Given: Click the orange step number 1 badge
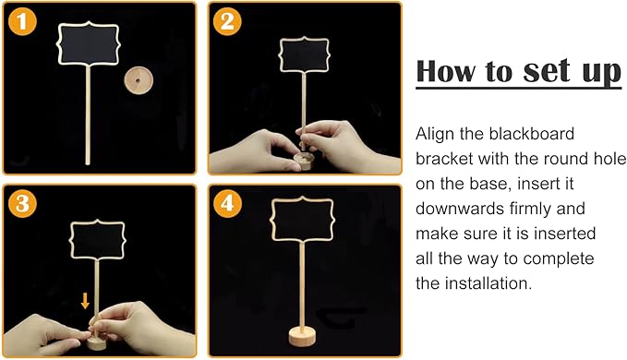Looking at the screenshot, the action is click(22, 21).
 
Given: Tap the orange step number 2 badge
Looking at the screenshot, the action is click(227, 21).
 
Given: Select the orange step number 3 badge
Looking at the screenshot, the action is click(22, 203).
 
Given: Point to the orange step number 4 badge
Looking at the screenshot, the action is click(227, 203).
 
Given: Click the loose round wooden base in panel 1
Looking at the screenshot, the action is click(139, 80).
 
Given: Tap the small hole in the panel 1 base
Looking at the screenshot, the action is click(138, 80).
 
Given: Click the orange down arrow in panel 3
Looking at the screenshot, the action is click(85, 301).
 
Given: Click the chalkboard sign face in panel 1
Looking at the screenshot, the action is click(89, 43).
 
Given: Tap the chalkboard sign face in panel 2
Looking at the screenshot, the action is click(305, 55).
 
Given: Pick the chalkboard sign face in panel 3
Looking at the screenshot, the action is click(98, 240).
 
